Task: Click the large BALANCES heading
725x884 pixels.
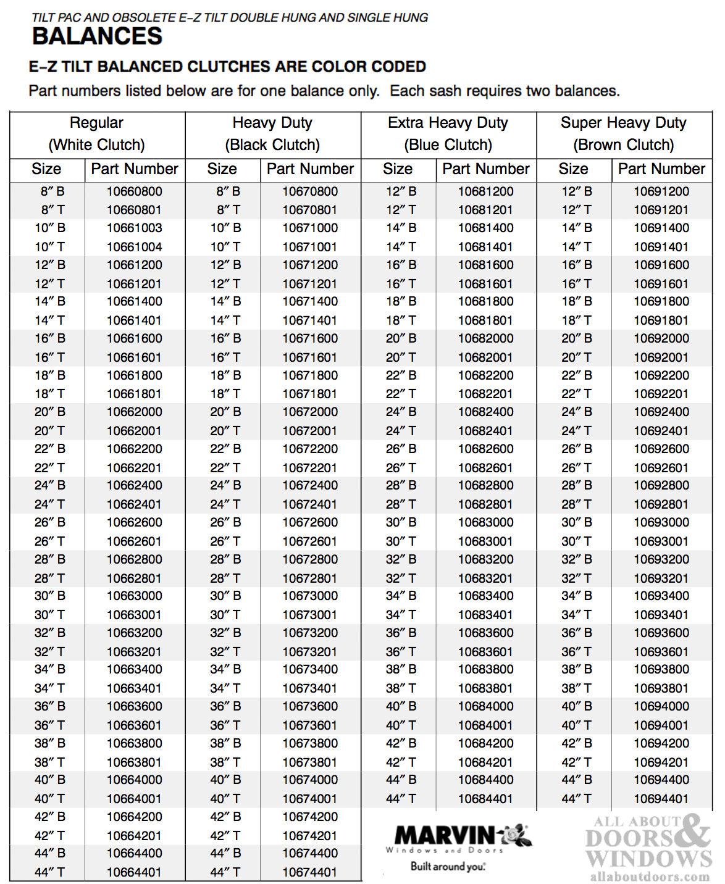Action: [97, 36]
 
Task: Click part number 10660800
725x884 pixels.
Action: [134, 191]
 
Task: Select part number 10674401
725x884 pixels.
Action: [310, 872]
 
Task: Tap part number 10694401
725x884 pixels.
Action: [661, 799]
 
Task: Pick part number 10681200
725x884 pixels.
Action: [485, 191]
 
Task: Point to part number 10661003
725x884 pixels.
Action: [134, 228]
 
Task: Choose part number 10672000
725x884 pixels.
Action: [310, 412]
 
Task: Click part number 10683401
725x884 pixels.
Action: [485, 615]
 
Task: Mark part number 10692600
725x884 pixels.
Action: [661, 449]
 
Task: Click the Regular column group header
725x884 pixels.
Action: [96, 123]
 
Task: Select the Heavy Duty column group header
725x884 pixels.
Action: [272, 123]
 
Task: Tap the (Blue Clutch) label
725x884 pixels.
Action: [448, 145]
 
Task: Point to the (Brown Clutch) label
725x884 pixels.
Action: [623, 145]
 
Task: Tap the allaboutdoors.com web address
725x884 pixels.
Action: [650, 877]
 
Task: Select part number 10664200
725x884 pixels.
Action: [134, 817]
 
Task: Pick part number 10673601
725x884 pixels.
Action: [310, 725]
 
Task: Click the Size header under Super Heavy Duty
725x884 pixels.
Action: [573, 169]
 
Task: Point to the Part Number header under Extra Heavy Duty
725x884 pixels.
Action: [485, 169]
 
